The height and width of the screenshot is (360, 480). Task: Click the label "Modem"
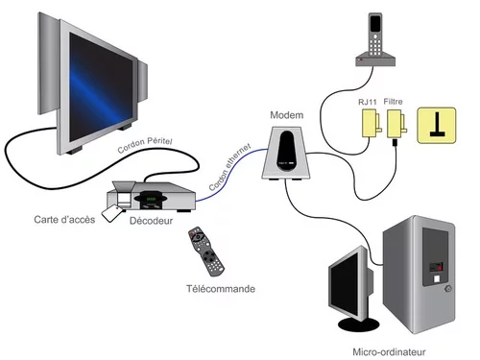tap(286, 114)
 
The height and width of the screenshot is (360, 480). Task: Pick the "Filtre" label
tap(394, 99)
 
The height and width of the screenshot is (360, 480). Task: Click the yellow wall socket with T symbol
tap(435, 126)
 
